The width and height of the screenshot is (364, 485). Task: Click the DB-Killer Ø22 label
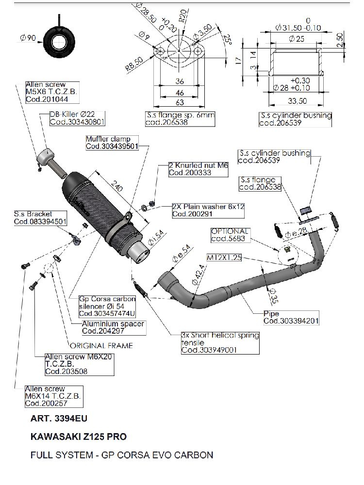(x=77, y=118)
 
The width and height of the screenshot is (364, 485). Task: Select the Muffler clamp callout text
(x=112, y=143)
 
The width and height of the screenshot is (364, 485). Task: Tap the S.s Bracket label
(x=41, y=218)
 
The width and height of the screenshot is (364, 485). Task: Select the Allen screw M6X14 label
(x=54, y=396)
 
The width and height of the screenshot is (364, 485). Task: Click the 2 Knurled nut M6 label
(x=198, y=169)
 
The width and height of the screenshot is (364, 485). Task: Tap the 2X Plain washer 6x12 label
(x=208, y=210)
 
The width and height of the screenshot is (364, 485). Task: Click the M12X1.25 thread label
(x=224, y=258)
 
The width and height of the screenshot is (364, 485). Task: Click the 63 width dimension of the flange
(x=179, y=102)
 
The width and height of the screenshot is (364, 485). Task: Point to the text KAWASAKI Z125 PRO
(x=79, y=436)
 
